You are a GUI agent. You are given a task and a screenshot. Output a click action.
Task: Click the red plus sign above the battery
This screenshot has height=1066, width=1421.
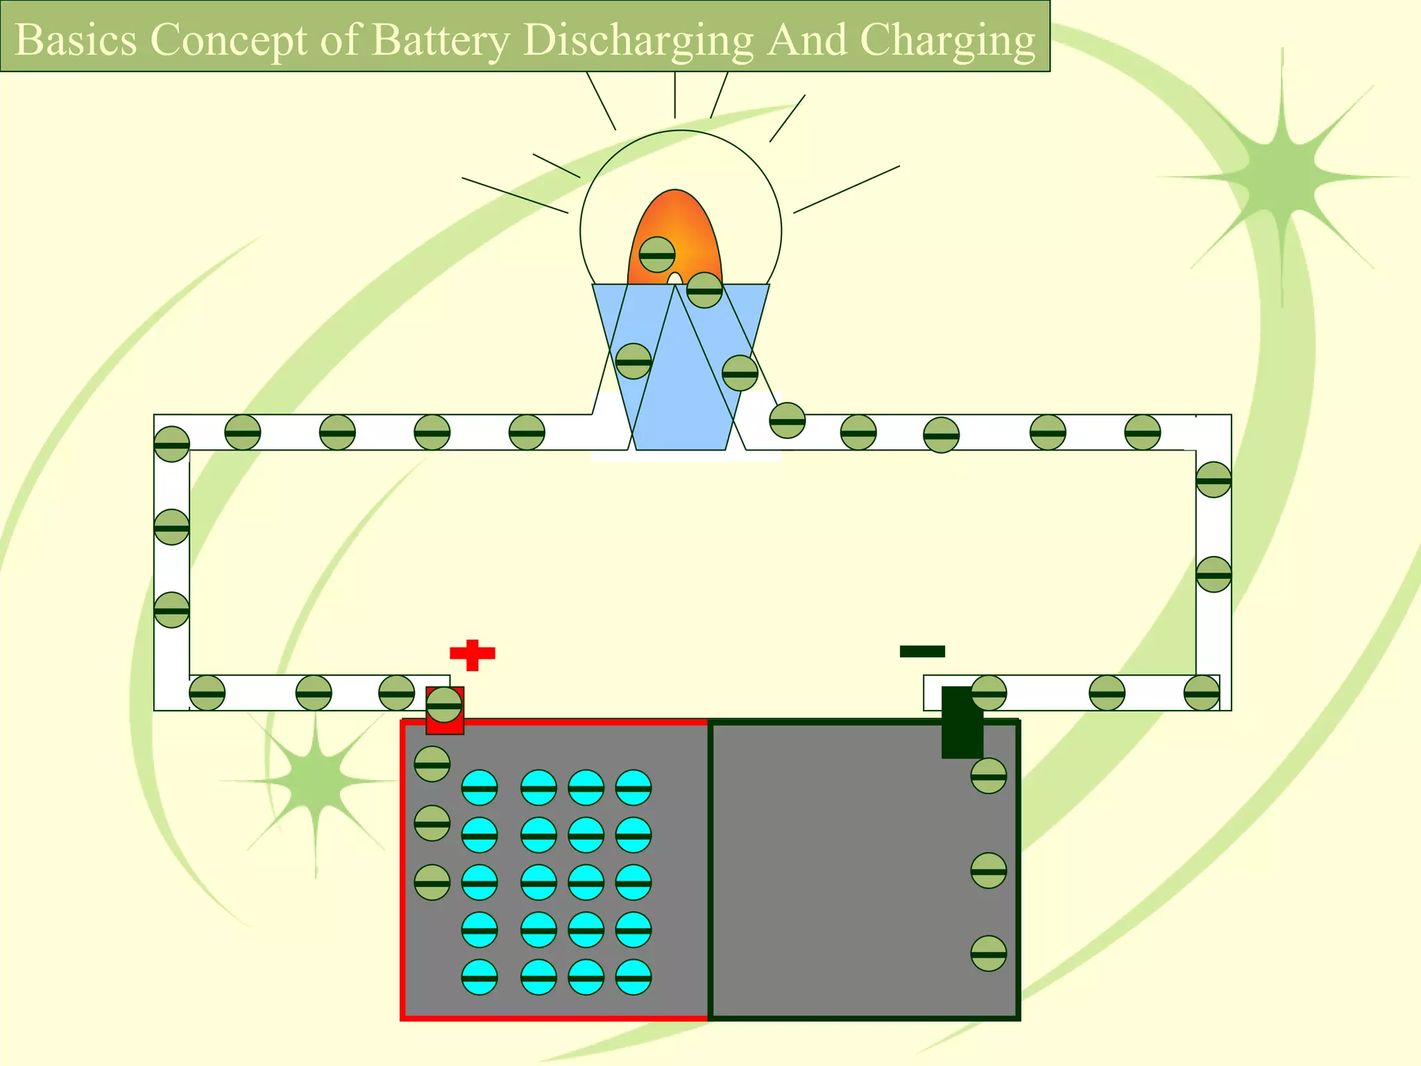point(473,654)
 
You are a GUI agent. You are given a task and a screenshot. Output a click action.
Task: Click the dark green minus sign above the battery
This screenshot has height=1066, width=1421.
point(922,651)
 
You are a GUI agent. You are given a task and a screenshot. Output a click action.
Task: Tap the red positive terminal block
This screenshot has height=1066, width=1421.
point(445,725)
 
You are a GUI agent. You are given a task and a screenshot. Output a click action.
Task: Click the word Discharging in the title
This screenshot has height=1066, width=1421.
point(638,40)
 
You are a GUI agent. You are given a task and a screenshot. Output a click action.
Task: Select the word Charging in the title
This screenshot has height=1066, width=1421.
point(947,40)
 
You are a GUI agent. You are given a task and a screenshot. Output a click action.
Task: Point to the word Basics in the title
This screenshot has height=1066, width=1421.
point(76,40)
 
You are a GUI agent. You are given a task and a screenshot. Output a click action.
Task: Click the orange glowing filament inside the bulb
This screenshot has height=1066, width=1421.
point(683,222)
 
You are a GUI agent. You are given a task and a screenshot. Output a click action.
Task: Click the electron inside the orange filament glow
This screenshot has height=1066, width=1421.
point(657,255)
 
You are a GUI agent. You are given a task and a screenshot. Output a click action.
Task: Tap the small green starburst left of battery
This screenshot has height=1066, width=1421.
point(316,781)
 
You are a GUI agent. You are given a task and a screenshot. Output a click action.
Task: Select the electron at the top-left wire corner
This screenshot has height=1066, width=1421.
point(171,444)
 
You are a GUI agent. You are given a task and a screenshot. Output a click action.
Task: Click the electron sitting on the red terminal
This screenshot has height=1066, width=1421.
point(444,705)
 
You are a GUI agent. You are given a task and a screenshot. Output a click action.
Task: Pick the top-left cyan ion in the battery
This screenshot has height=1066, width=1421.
point(479,788)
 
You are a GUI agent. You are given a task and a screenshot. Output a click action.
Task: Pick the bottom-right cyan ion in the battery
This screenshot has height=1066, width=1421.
point(633,977)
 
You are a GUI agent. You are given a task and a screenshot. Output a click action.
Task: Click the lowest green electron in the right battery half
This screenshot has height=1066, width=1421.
point(989,954)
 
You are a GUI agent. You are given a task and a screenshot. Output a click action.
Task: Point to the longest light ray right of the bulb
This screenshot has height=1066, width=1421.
point(846,189)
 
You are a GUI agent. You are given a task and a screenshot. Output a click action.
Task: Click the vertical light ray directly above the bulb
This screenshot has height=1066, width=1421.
point(674,95)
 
